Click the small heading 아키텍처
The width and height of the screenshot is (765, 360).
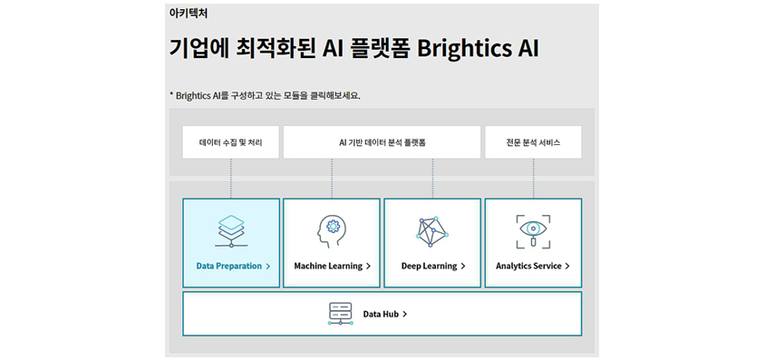pyautogui.click(x=189, y=14)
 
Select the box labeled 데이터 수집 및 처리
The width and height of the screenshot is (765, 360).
pyautogui.click(x=231, y=142)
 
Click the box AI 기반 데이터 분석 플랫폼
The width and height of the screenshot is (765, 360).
pyautogui.click(x=382, y=142)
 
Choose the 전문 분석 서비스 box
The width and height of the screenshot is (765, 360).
pyautogui.click(x=533, y=142)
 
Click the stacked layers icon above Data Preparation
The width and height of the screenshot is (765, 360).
pyautogui.click(x=231, y=231)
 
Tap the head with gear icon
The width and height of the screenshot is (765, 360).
pyautogui.click(x=331, y=231)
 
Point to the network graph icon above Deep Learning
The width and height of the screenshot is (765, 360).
pyautogui.click(x=432, y=231)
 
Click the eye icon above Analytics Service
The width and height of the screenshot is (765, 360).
pyautogui.click(x=533, y=231)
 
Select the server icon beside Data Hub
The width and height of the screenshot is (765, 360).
pyautogui.click(x=341, y=314)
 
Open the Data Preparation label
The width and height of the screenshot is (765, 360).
pyautogui.click(x=228, y=267)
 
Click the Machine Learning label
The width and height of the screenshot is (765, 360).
pyautogui.click(x=328, y=267)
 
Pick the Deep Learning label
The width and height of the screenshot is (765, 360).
pyautogui.click(x=429, y=267)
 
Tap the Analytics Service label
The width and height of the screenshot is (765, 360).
pyautogui.click(x=528, y=267)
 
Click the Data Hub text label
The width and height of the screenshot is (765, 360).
pyautogui.click(x=381, y=314)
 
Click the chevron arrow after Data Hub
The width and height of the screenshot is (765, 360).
pyautogui.click(x=405, y=315)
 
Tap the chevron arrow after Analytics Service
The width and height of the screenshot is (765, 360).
pyautogui.click(x=567, y=267)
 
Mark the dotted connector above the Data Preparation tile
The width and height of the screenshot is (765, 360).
pyautogui.click(x=231, y=179)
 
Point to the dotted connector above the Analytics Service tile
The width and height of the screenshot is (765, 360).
pyautogui.click(x=533, y=179)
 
